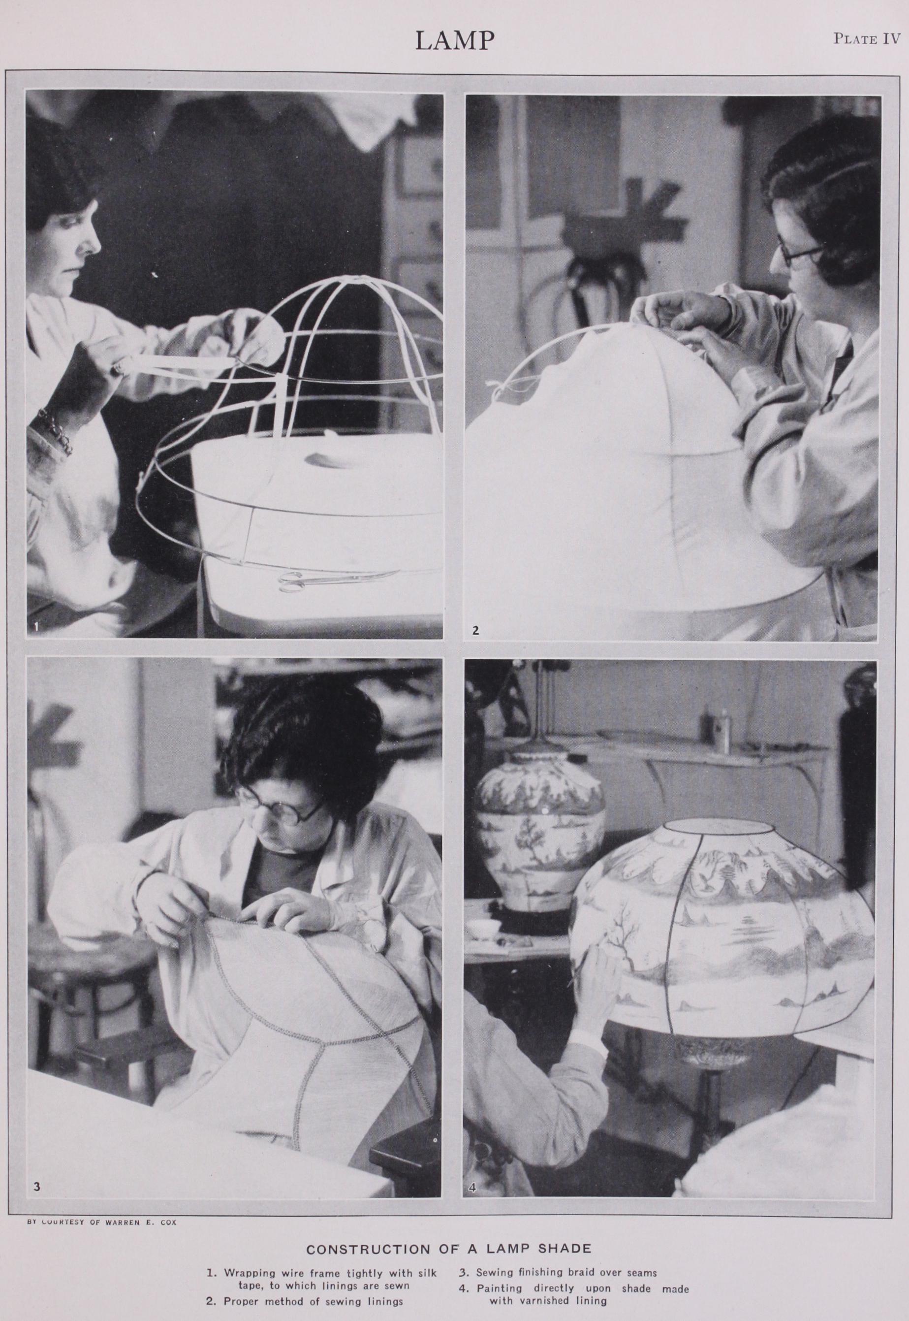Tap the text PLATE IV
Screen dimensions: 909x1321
tap(867, 39)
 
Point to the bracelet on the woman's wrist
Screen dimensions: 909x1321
tap(54, 430)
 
